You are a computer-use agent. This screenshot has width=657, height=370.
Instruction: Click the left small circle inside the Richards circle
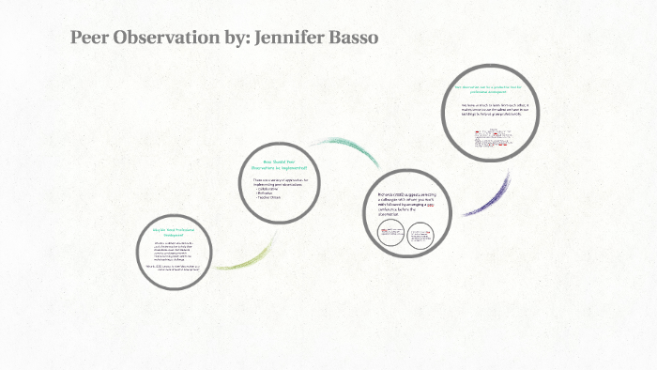pos(390,234)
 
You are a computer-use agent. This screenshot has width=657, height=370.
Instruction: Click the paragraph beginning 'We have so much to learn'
pos(496,109)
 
